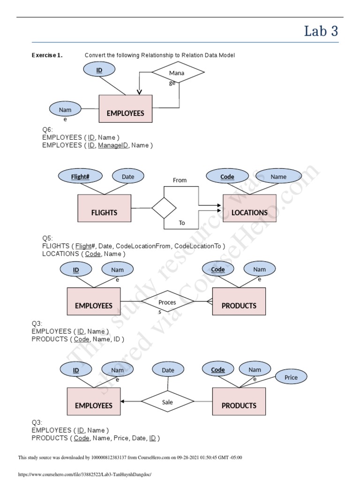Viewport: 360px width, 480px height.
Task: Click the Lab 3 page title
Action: tap(321, 31)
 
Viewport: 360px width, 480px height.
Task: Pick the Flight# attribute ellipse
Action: tap(80, 177)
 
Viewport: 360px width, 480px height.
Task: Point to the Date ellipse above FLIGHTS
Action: tap(128, 177)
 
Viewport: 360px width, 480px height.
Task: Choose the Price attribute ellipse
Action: tap(291, 377)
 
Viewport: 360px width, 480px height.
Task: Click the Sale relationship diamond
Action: tap(167, 402)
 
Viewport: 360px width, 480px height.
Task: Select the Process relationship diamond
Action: tap(167, 302)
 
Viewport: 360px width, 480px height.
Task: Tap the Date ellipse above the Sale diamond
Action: tap(168, 370)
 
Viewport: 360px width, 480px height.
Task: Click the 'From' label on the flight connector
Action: tap(180, 180)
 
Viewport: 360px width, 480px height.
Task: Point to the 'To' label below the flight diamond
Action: tap(182, 223)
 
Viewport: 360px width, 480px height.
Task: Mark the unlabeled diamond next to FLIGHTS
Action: tap(164, 208)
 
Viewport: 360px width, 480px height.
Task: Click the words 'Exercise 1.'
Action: tap(47, 55)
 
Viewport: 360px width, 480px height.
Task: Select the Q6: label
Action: tap(48, 129)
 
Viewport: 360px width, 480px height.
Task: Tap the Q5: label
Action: tap(48, 238)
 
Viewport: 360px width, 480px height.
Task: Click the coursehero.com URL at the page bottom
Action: tap(85, 474)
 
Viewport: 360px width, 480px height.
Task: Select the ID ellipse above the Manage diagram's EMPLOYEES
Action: tap(99, 70)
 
